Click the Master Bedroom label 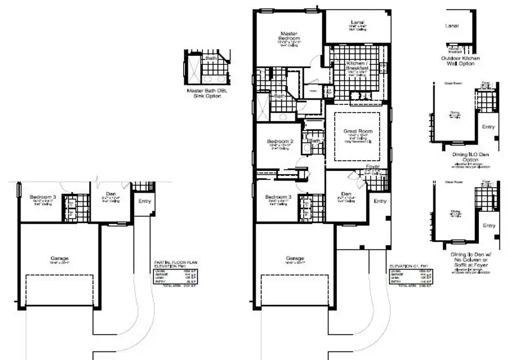290,37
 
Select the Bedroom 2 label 279,142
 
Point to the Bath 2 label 315,141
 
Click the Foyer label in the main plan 373,167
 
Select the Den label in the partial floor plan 110,193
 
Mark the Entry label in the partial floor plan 145,201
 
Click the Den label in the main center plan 346,193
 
